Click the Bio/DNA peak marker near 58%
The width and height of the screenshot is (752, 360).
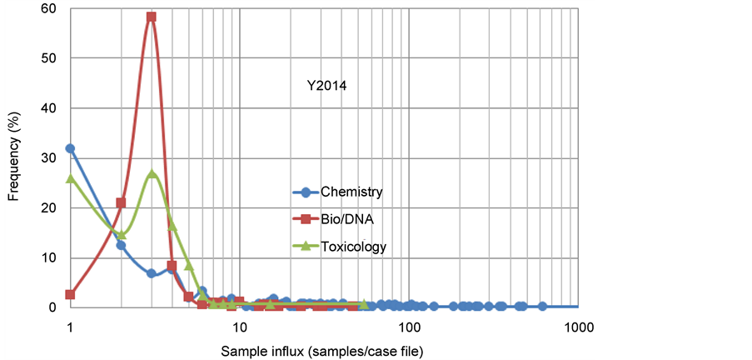pyautogui.click(x=151, y=17)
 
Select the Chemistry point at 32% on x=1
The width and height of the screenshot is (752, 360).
pyautogui.click(x=70, y=148)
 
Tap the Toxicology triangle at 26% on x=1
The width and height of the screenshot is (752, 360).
pyautogui.click(x=70, y=177)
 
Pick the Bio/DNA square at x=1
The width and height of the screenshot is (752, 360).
pyautogui.click(x=70, y=294)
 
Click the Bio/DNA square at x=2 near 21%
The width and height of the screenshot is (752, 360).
pyautogui.click(x=121, y=202)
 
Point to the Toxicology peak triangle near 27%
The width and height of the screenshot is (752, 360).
pyautogui.click(x=152, y=174)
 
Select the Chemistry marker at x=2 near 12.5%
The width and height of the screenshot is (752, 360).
pyautogui.click(x=121, y=245)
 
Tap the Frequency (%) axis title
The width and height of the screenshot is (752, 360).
pyautogui.click(x=15, y=157)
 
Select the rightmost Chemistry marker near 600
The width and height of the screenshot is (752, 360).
pyautogui.click(x=541, y=306)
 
